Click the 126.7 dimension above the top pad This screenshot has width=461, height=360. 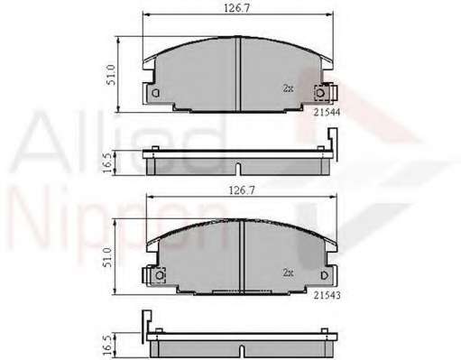(237, 8)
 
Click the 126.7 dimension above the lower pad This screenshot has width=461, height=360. (242, 190)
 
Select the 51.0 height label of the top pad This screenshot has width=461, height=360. (111, 74)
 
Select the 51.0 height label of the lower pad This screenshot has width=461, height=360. (107, 257)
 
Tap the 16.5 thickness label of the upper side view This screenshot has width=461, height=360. (107, 162)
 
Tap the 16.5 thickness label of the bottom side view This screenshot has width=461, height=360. (107, 346)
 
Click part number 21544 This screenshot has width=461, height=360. (327, 112)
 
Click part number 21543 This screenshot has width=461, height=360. (327, 295)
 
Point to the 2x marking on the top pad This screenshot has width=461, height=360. (288, 88)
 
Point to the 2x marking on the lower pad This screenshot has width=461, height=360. (288, 272)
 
